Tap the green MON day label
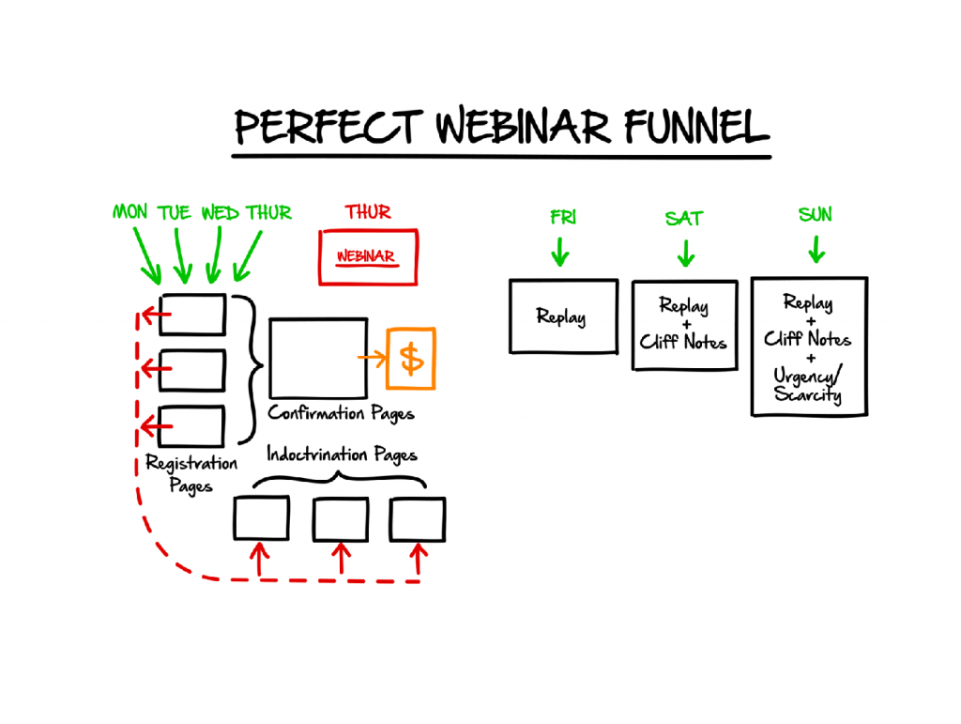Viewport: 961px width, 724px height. [x=130, y=212]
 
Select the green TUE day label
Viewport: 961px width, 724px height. [x=175, y=212]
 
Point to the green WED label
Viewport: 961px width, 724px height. [x=220, y=212]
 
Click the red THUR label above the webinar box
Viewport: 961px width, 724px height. [x=368, y=211]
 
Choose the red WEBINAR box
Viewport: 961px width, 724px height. [x=368, y=256]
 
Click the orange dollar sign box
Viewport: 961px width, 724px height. [x=411, y=358]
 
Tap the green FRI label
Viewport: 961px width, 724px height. [x=561, y=217]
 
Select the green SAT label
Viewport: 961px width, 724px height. [x=684, y=218]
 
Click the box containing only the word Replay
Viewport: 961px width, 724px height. [x=563, y=316]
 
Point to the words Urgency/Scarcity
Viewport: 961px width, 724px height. [x=808, y=385]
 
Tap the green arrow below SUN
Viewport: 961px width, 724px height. [x=816, y=250]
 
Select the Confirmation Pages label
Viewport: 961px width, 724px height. [x=341, y=413]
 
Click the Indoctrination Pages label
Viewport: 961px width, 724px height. [x=342, y=456]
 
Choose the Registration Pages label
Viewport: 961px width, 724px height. [x=191, y=473]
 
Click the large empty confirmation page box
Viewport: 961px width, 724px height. [x=317, y=358]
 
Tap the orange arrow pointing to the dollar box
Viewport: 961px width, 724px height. [x=372, y=357]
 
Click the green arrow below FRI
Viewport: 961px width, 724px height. [x=560, y=252]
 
